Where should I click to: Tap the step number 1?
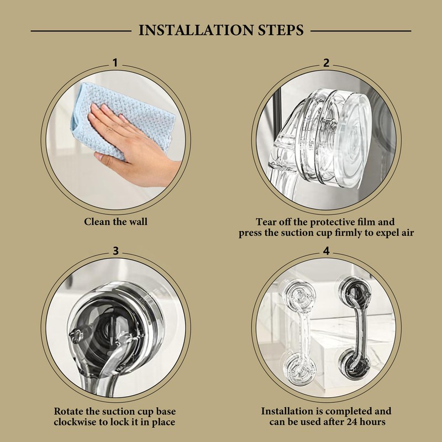(x=115, y=62)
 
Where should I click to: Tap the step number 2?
(x=326, y=62)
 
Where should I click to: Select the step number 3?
(x=115, y=251)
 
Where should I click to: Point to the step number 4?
(x=326, y=251)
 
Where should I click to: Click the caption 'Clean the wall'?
(x=115, y=222)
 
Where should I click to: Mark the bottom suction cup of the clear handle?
(x=300, y=369)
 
